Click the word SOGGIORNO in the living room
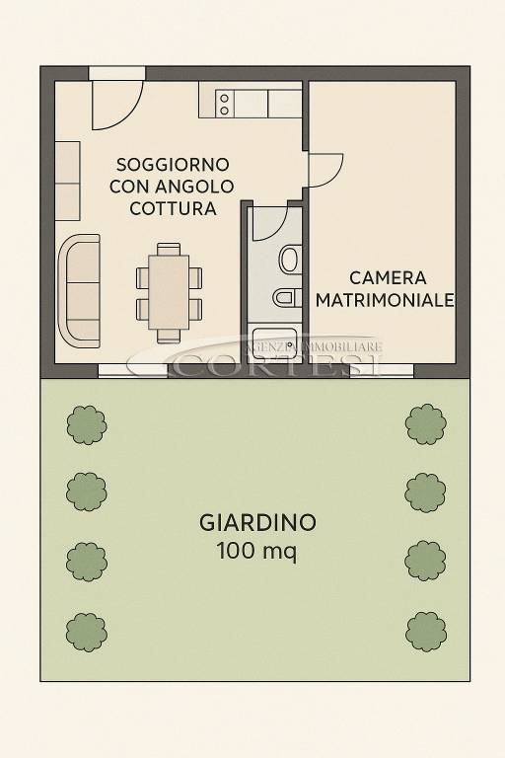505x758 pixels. coord(173,164)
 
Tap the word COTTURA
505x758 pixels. coord(173,208)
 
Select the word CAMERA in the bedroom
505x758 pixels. coord(388,277)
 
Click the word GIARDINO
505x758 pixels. coord(257,522)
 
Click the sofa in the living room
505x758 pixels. coord(81,290)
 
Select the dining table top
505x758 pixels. coord(170,291)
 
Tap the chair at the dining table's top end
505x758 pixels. coord(170,249)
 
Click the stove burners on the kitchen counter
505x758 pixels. coord(224,104)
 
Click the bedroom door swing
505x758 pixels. coord(325,170)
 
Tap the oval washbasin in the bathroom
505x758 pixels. coord(290,260)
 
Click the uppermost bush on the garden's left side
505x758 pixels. coord(86,423)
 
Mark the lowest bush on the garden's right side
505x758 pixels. coord(426,632)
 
